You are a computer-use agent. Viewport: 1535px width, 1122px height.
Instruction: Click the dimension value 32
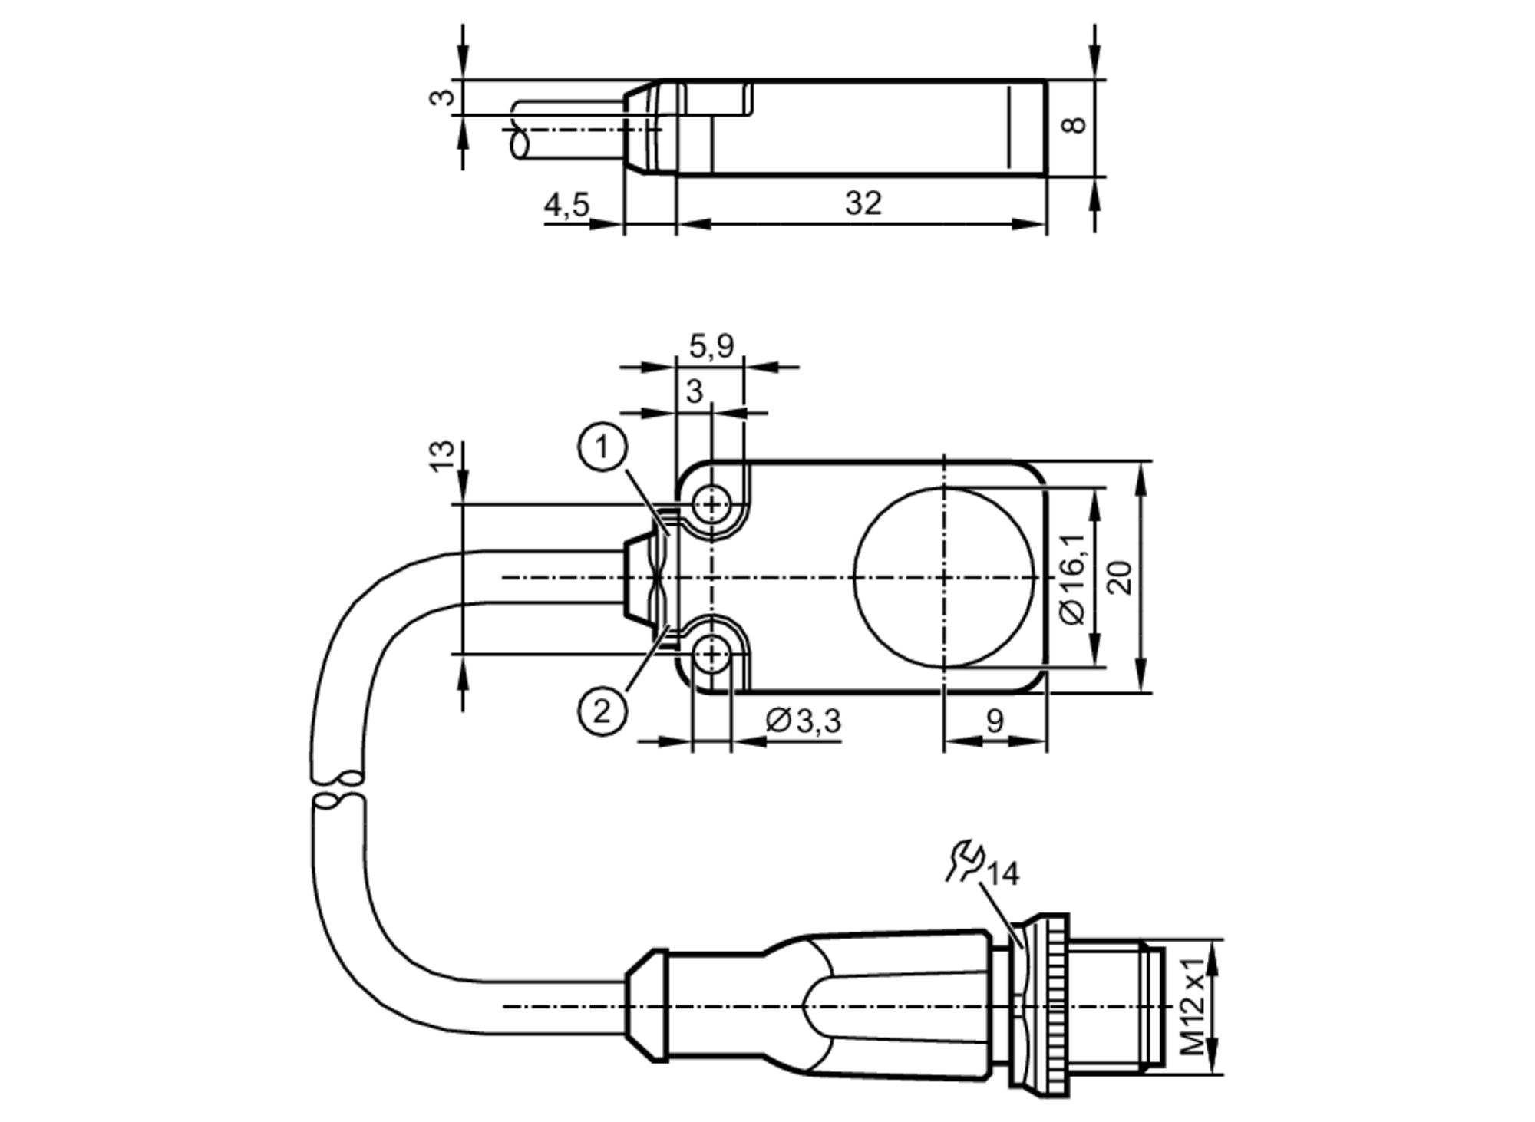click(863, 203)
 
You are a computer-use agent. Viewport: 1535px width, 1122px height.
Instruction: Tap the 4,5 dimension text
click(566, 205)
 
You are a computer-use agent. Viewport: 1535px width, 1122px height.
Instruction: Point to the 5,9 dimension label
click(711, 346)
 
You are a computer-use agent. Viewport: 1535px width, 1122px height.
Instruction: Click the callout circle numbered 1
click(602, 447)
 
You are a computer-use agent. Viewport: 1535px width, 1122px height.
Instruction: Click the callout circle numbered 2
click(602, 711)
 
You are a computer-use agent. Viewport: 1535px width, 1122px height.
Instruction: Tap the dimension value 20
click(1121, 577)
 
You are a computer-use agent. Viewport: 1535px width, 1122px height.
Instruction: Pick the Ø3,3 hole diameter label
click(804, 721)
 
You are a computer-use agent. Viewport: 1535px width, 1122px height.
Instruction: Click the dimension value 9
click(994, 721)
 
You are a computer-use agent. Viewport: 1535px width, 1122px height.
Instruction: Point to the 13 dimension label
click(442, 457)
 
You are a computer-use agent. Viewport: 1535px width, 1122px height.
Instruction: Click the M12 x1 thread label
click(1192, 1006)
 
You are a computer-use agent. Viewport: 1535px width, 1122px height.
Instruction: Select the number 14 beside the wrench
click(1002, 874)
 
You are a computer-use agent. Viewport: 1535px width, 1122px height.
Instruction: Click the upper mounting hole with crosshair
click(712, 505)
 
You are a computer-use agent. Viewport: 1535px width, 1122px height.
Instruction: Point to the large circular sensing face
click(944, 577)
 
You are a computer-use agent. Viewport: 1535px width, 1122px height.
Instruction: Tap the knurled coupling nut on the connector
click(1050, 1005)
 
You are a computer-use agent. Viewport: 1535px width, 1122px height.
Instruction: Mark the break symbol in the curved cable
click(338, 790)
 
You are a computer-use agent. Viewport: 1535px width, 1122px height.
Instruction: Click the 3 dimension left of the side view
click(442, 98)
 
